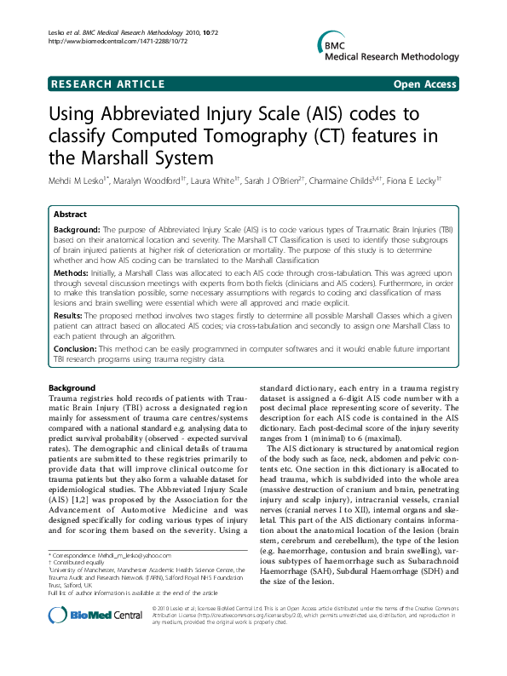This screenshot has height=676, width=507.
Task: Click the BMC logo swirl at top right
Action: pyautogui.click(x=325, y=47)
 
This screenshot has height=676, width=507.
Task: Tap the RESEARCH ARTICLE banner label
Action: pyautogui.click(x=108, y=84)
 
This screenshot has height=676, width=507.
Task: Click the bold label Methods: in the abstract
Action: pyautogui.click(x=72, y=266)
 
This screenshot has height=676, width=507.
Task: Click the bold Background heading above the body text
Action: pyautogui.click(x=72, y=388)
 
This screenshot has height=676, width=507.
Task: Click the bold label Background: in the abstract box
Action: pyautogui.click(x=78, y=231)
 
